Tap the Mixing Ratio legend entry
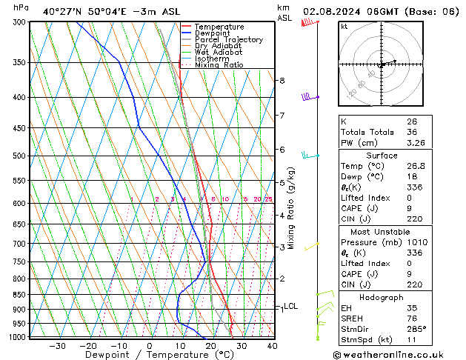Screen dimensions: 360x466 [x=219, y=64]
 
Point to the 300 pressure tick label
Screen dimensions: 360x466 [x=21, y=22]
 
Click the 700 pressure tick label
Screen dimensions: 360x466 [x=21, y=244]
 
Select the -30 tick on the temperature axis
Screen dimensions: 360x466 [x=57, y=345]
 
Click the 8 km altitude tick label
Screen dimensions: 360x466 [x=282, y=80]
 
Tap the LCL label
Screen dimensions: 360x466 [x=291, y=306]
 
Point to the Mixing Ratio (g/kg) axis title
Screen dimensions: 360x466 [x=292, y=208]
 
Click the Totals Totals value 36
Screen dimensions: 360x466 [x=412, y=132]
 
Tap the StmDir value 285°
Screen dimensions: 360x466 [x=416, y=329]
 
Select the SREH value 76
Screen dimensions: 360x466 [x=412, y=319]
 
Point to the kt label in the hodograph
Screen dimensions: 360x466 [x=344, y=26]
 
